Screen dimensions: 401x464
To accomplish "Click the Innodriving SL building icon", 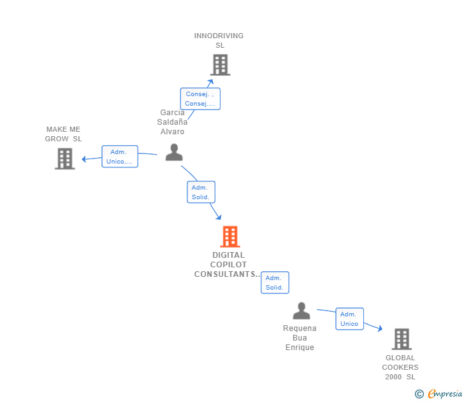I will (220, 65).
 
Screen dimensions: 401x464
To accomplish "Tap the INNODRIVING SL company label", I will (219, 40).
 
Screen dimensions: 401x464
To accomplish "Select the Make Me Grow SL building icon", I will (64, 159).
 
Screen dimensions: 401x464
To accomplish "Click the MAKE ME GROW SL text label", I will (63, 134).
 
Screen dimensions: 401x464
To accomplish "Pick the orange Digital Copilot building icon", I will (229, 237).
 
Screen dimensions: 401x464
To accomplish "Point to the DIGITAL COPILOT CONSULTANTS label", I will (228, 265).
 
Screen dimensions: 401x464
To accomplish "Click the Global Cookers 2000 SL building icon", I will (401, 339).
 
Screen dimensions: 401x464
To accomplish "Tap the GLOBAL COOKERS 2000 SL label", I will (400, 367).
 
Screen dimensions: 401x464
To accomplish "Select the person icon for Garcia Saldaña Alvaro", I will (174, 153).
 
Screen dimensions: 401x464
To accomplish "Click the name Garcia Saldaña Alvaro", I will (172, 122).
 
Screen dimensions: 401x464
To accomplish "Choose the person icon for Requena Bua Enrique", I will (301, 311).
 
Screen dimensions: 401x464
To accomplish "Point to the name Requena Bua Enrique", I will (300, 338).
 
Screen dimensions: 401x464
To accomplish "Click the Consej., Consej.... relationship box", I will (200, 99).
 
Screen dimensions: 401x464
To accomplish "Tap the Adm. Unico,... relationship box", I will (120, 157).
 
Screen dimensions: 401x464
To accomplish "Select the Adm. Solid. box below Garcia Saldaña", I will (201, 192).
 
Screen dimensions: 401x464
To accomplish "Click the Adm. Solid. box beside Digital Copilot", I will (275, 283).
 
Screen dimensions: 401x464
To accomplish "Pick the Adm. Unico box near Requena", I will (349, 319).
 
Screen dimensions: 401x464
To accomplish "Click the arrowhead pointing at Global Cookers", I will (380, 328).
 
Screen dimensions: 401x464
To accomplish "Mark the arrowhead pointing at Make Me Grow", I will (83, 159).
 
